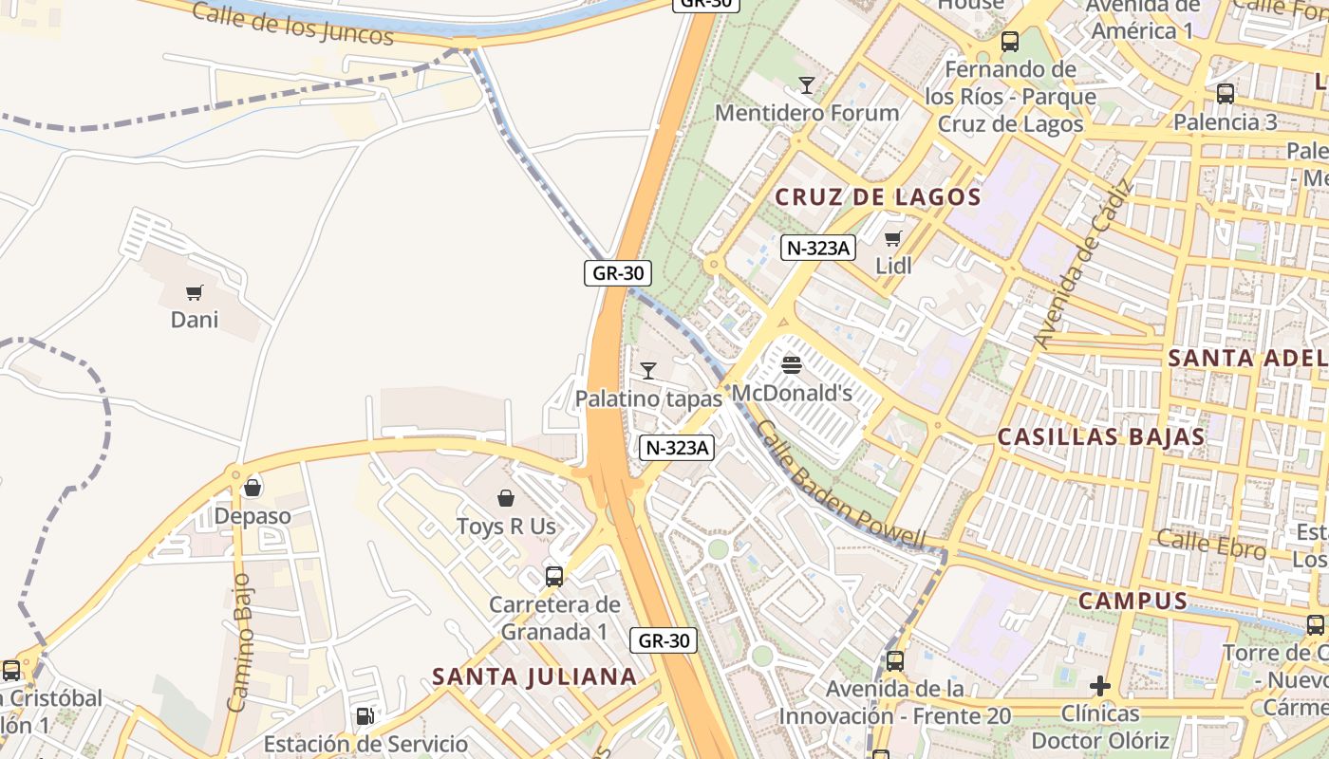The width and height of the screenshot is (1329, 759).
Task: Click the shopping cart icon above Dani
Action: (195, 292)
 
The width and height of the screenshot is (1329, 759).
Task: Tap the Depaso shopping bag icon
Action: (253, 488)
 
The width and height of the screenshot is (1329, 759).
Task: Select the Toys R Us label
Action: (506, 526)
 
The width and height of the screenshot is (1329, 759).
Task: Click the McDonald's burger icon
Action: (792, 364)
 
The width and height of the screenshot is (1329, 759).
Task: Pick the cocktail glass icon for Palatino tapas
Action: (648, 370)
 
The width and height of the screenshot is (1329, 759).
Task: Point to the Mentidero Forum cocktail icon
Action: (806, 85)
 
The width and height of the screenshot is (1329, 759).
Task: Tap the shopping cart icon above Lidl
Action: (892, 238)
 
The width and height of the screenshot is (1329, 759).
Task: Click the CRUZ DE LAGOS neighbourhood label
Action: (878, 197)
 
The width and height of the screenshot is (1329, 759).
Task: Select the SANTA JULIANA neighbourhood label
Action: (533, 676)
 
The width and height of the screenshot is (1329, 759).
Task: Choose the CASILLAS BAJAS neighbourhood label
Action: (1101, 437)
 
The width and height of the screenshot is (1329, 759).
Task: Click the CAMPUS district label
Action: (1132, 601)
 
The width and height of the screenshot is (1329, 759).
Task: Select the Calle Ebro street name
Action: (1211, 544)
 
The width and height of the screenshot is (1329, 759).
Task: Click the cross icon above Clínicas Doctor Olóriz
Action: (1100, 685)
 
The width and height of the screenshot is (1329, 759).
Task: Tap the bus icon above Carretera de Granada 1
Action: (554, 576)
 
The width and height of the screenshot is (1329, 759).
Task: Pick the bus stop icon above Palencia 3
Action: (1226, 94)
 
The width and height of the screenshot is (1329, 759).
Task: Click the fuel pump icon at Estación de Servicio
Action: (365, 715)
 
